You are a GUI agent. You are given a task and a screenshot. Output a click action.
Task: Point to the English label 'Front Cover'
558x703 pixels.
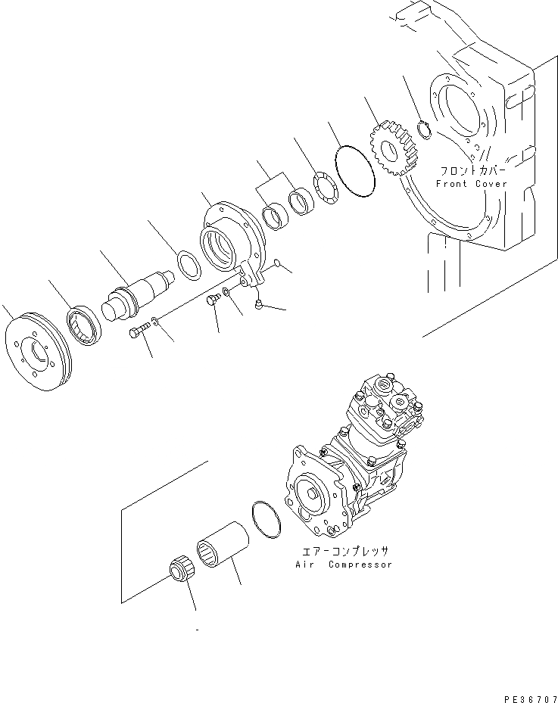(471, 184)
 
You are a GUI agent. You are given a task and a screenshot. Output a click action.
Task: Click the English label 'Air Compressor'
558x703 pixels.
(344, 565)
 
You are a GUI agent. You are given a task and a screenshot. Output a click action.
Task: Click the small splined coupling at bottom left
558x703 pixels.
(178, 569)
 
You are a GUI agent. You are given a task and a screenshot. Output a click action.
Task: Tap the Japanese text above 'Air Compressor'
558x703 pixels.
(344, 552)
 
